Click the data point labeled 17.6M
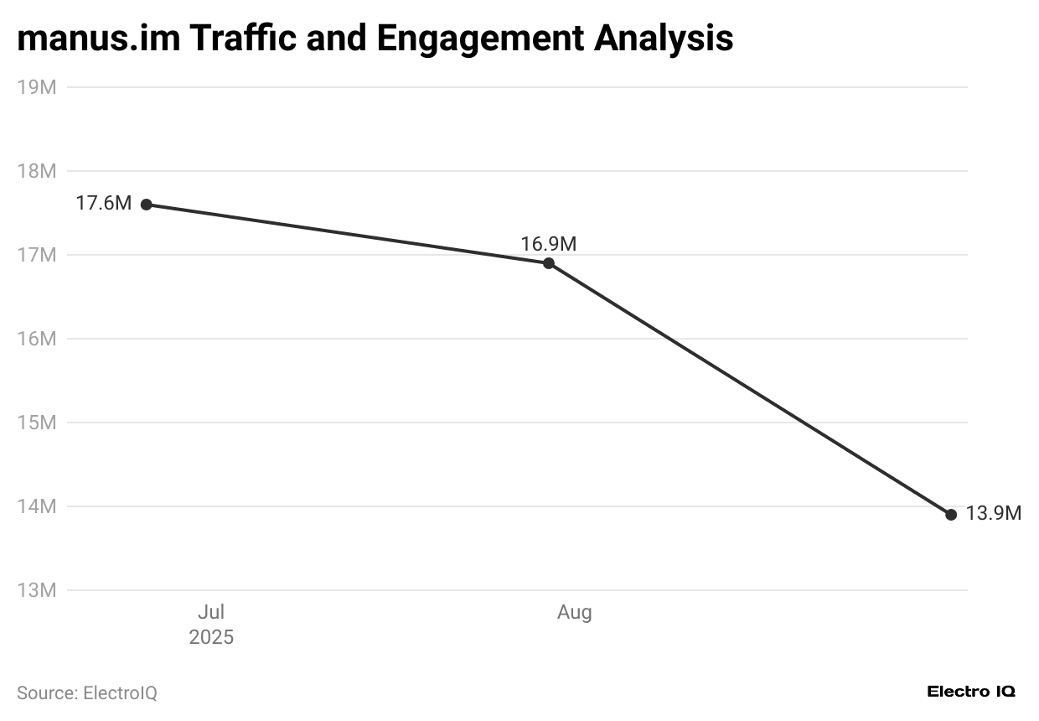coord(147,205)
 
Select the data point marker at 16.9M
coord(549,263)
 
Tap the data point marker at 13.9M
coord(951,515)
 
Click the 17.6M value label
coord(104,203)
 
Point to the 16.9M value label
coord(549,244)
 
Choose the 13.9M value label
coord(994,514)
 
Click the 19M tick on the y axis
coord(37,87)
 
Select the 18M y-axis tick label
coord(37,171)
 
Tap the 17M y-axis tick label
coord(37,255)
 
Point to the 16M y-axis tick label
coord(37,339)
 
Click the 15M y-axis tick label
coord(37,423)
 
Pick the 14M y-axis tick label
coord(37,506)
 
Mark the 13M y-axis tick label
coord(37,590)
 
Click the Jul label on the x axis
coord(211,613)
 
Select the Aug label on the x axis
coord(575,613)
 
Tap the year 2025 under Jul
coord(211,637)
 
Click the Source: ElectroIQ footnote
coord(87,693)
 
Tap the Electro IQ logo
coord(971,692)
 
